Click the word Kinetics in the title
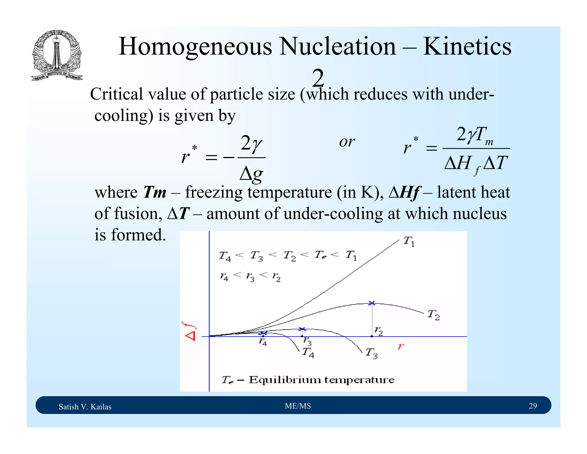click(x=467, y=46)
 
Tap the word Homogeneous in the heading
click(x=195, y=46)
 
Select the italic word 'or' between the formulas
click(x=347, y=142)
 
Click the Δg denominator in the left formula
click(x=251, y=174)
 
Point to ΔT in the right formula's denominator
click(x=495, y=163)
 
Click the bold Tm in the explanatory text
click(x=154, y=192)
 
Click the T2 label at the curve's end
click(x=433, y=315)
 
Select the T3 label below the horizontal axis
click(x=371, y=353)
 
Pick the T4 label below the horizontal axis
click(x=308, y=352)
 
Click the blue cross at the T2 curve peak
click(x=372, y=303)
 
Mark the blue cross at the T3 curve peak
click(x=302, y=329)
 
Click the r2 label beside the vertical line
click(x=378, y=331)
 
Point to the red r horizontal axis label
click(x=401, y=346)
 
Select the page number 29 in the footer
click(x=533, y=406)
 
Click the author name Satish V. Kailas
click(x=85, y=407)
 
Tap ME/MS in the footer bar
click(x=298, y=406)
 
